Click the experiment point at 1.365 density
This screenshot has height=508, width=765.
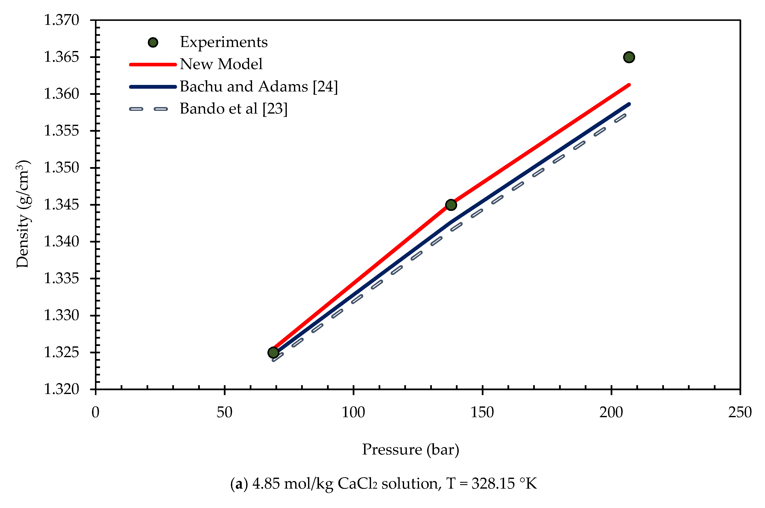point(629,57)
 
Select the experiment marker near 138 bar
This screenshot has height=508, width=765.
point(451,205)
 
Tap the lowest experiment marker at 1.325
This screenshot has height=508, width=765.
point(273,353)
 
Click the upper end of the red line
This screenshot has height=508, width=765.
point(629,85)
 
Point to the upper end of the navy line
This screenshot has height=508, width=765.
point(629,104)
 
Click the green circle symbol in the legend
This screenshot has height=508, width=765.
point(153,42)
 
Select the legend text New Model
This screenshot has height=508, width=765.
point(221,64)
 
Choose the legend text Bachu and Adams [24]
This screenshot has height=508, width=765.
point(258,87)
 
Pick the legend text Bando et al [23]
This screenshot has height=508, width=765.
point(234,109)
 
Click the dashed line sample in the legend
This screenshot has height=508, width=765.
point(149,109)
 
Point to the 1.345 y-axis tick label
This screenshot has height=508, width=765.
point(61,205)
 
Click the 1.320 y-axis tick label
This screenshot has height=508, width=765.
point(61,389)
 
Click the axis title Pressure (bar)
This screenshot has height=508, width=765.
point(410,450)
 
